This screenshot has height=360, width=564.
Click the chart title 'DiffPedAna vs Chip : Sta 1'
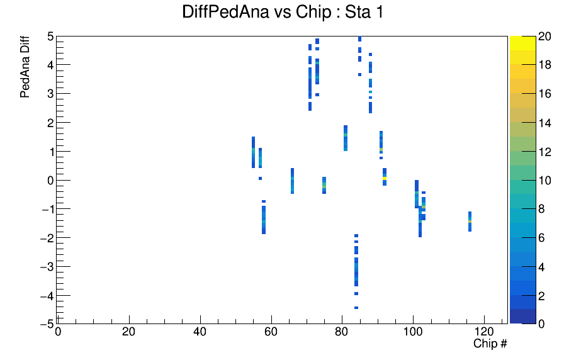283,12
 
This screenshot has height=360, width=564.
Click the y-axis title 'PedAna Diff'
25,67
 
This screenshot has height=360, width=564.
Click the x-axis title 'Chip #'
490,344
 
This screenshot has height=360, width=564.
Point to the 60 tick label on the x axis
271,332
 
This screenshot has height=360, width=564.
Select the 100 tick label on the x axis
413,332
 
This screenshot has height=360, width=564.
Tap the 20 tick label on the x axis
129,332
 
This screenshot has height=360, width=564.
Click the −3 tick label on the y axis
47,267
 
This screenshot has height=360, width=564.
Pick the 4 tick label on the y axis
50,65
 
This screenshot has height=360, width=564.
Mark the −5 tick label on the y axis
47,323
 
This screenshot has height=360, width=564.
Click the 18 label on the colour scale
544,65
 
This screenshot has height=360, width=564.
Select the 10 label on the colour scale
544,181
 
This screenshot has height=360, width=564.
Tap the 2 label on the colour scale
541,296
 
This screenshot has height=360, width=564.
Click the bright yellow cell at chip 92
385,178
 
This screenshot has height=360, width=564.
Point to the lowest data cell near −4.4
356,308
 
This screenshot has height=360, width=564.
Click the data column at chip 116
470,222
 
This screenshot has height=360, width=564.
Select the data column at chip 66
293,181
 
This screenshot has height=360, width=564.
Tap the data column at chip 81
346,138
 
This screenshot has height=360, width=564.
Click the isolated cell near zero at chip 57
260,178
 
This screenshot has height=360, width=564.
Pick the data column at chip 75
324,185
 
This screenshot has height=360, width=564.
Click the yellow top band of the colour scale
522,43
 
